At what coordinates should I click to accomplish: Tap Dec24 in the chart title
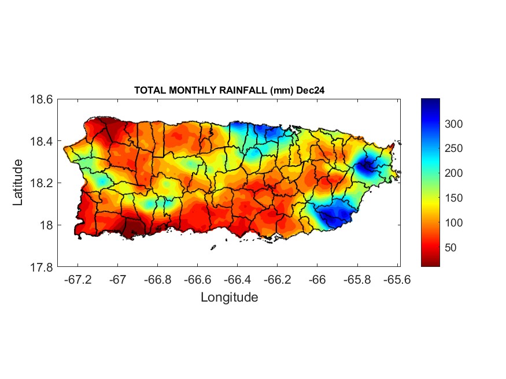pos(312,91)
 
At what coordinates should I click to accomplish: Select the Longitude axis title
pos(229,298)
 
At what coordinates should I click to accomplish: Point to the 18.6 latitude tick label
pos(42,99)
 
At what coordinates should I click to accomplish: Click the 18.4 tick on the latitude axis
pos(42,141)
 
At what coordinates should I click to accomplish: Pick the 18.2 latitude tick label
pos(42,183)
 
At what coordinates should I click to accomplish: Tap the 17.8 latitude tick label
pos(42,267)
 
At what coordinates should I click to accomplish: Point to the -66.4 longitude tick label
pos(237,279)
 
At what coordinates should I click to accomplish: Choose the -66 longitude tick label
pos(316,279)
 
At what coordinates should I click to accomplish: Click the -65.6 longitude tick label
pos(396,279)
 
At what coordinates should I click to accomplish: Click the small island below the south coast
pos(213,248)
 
